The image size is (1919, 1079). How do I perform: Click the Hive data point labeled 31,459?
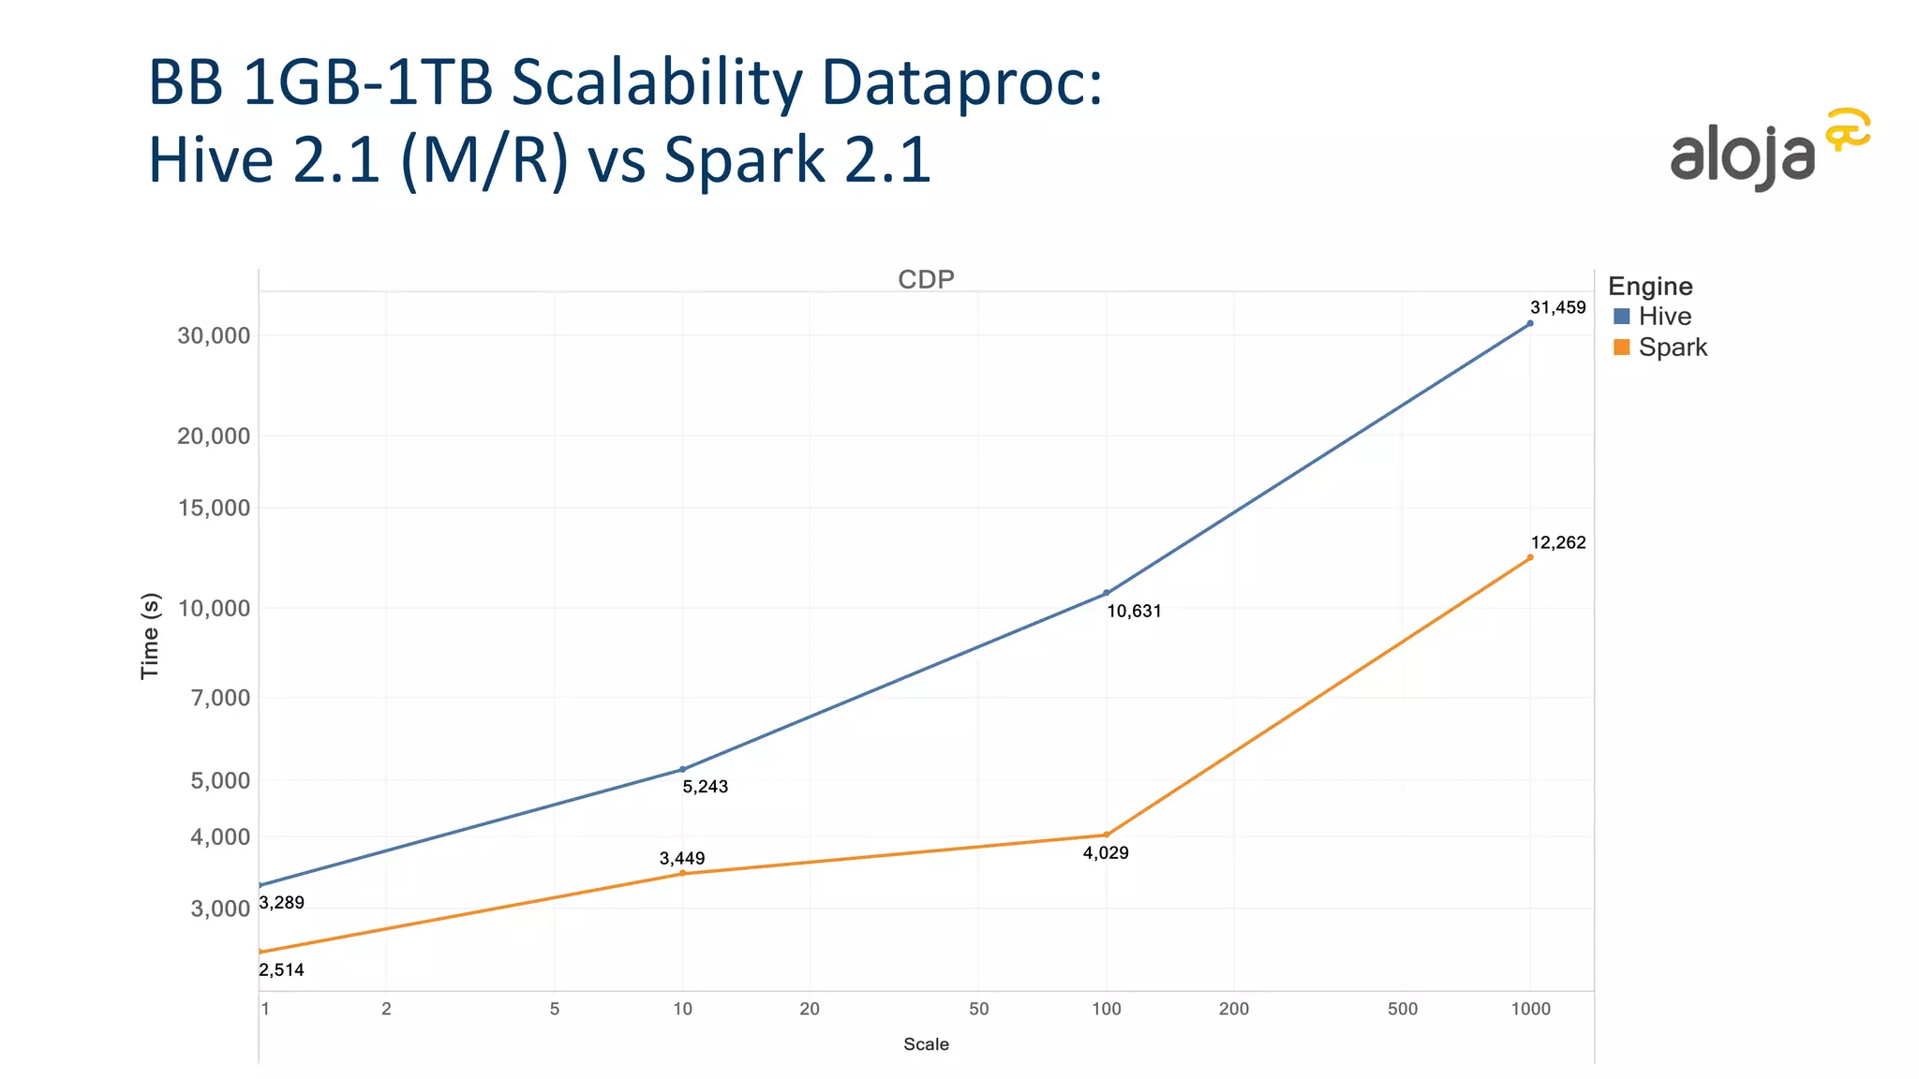pyautogui.click(x=1530, y=323)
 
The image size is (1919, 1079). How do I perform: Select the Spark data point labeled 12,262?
pyautogui.click(x=1530, y=557)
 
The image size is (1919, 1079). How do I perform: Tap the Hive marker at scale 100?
pyautogui.click(x=1107, y=593)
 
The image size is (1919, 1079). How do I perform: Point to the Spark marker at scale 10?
pyautogui.click(x=682, y=873)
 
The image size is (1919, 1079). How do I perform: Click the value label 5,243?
pyautogui.click(x=705, y=787)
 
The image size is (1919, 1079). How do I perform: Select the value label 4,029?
pyautogui.click(x=1106, y=853)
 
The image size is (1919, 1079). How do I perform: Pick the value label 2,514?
pyautogui.click(x=281, y=970)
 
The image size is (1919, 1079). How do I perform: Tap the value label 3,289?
pyautogui.click(x=281, y=903)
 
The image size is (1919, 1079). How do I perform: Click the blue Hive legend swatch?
pyautogui.click(x=1622, y=317)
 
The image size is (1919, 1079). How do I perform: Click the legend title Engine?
pyautogui.click(x=1650, y=287)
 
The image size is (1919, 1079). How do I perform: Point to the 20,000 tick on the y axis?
pyautogui.click(x=214, y=436)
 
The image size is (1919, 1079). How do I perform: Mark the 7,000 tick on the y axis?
pyautogui.click(x=220, y=698)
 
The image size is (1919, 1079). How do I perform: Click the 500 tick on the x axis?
pyautogui.click(x=1403, y=1010)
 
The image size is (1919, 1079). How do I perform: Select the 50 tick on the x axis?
pyautogui.click(x=978, y=1010)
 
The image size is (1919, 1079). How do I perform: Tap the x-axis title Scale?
pyautogui.click(x=926, y=1044)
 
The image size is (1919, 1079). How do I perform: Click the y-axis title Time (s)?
pyautogui.click(x=150, y=636)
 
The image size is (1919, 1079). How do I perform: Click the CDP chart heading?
pyautogui.click(x=926, y=280)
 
